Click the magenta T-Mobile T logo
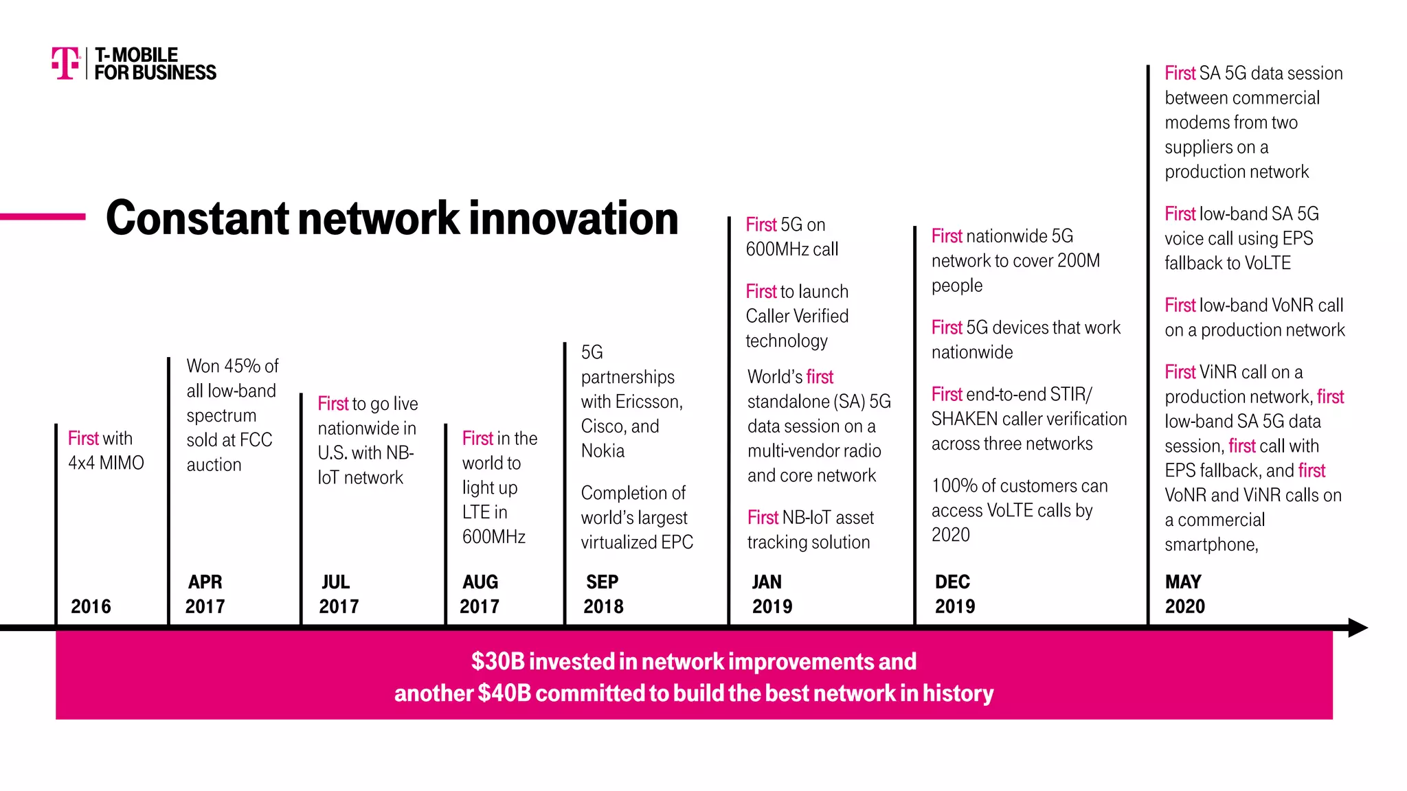(65, 63)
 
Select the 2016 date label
(91, 606)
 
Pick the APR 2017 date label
(205, 594)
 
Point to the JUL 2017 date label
(338, 594)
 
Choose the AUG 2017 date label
(480, 594)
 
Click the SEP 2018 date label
(603, 594)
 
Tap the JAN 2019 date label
(772, 594)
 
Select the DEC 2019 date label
(954, 594)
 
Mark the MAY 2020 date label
(1184, 594)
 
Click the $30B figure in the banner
(498, 661)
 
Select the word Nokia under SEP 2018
(603, 451)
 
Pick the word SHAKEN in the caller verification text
(964, 419)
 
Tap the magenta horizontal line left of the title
(43, 217)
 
